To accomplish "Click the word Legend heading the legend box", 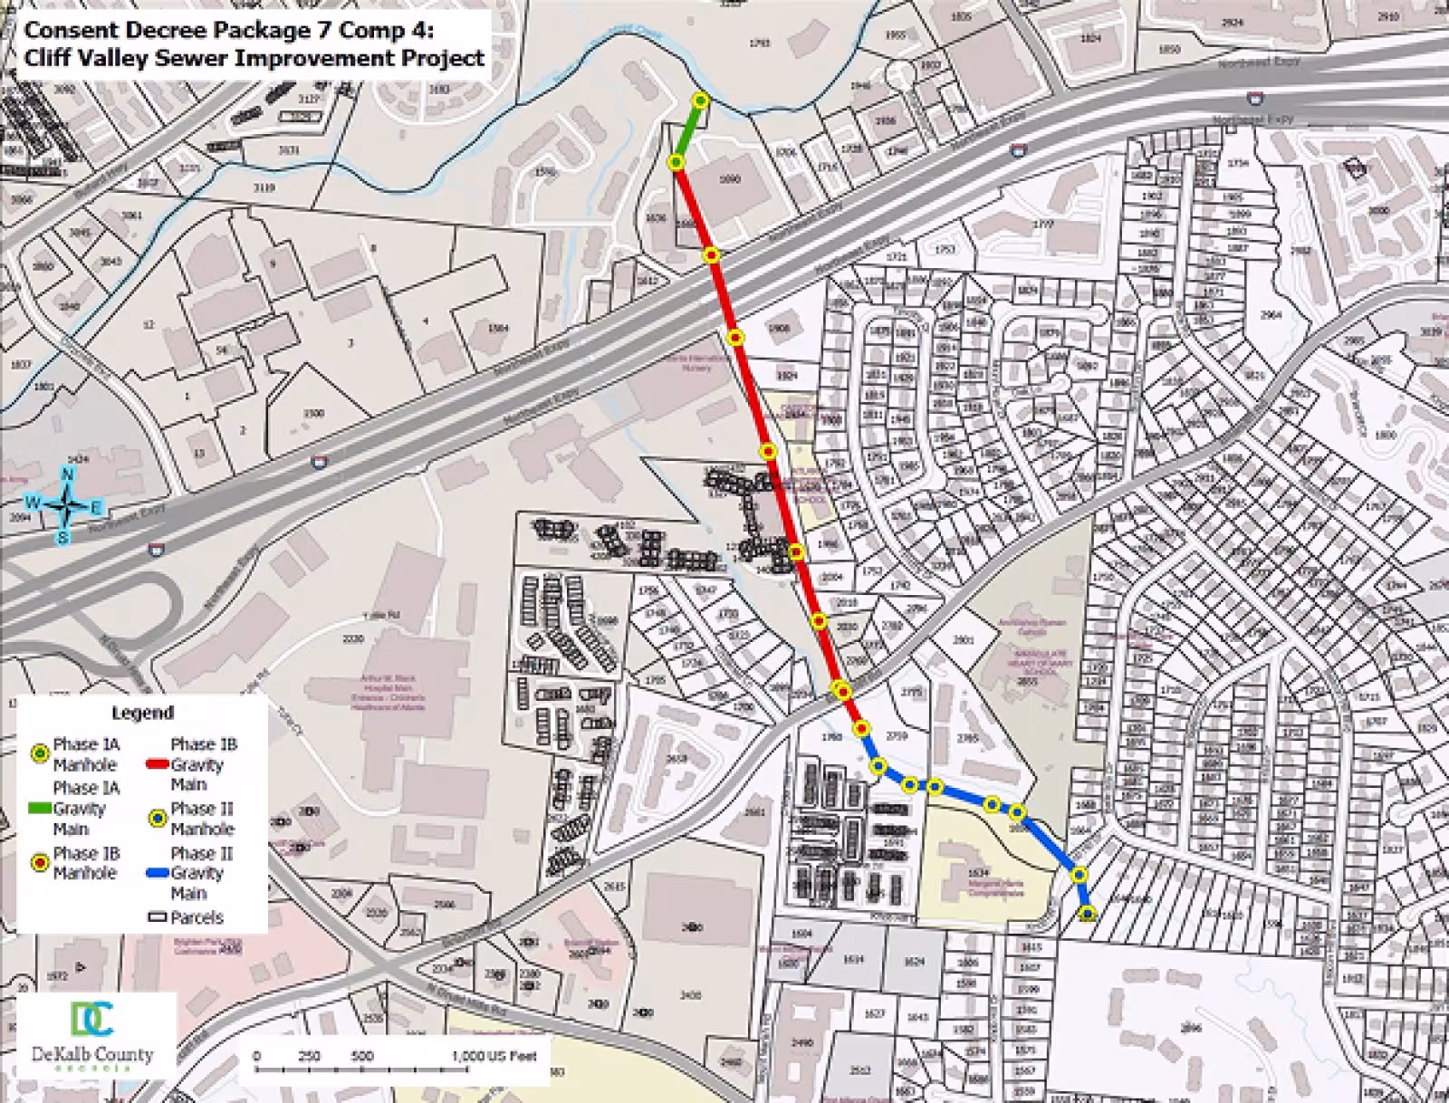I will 142,714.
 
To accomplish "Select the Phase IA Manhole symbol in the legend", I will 39,753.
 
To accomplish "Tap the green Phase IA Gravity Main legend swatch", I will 39,807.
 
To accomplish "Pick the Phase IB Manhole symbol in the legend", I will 39,863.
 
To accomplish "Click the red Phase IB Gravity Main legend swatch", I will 157,763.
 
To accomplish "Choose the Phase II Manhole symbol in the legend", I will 157,818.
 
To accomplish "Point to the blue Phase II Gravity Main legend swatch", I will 157,873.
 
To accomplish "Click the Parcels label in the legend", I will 197,917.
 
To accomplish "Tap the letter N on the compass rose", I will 67,475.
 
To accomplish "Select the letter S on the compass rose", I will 63,538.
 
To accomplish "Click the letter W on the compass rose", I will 33,503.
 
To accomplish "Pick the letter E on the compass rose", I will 96,507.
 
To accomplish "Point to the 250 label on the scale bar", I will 310,1056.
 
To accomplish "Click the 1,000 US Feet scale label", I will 494,1056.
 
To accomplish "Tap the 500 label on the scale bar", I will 362,1056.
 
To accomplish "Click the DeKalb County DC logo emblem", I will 92,1018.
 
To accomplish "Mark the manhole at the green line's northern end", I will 700,101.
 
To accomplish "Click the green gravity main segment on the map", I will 687,132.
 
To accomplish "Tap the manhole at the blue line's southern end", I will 1088,914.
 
